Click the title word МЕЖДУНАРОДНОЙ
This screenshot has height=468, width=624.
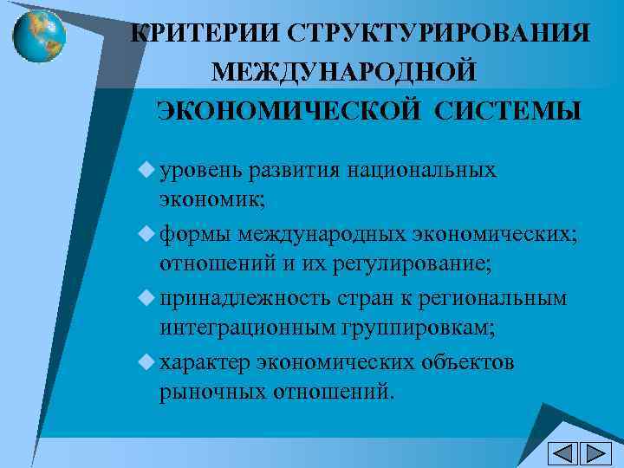click(344, 71)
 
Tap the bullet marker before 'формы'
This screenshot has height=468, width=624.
click(144, 232)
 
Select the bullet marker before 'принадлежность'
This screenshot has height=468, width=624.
click(144, 297)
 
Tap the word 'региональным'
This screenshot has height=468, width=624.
click(493, 297)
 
